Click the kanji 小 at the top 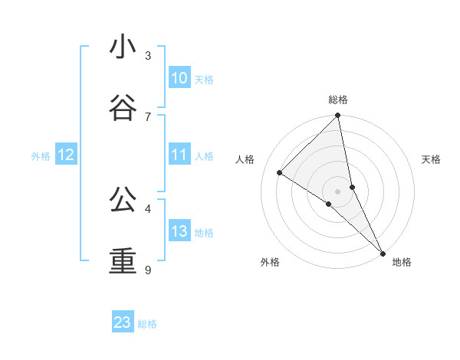point(123,47)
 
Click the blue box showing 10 point(179,78)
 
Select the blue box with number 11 point(179,155)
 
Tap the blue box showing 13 point(179,231)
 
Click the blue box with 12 point(66,155)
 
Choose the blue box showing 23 point(123,322)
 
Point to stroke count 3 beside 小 point(148,56)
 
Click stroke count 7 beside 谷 point(148,116)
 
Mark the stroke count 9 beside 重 point(148,270)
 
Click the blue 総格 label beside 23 point(147,324)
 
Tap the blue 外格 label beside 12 point(41,156)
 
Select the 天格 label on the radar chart point(431,159)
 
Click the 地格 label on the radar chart point(402,262)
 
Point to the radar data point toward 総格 point(338,116)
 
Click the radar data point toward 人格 point(280,173)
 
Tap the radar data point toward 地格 point(383,253)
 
